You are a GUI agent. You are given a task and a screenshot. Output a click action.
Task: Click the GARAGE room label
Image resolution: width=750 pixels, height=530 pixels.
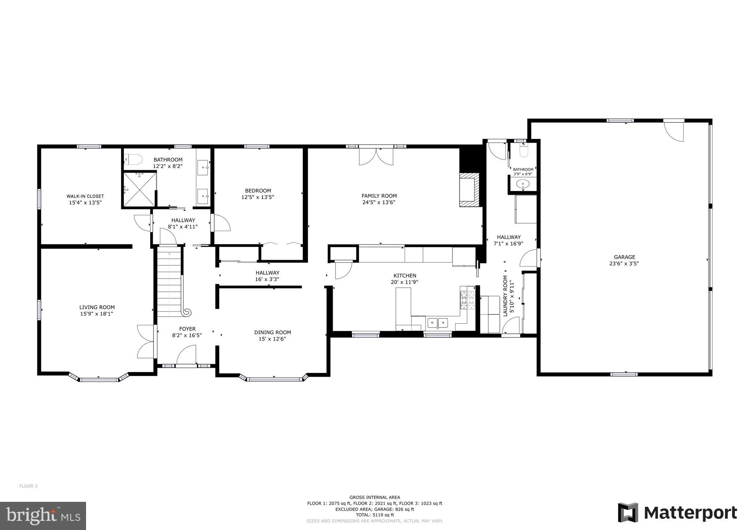(624, 257)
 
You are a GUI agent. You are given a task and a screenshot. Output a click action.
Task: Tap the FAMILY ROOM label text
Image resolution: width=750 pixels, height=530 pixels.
(379, 196)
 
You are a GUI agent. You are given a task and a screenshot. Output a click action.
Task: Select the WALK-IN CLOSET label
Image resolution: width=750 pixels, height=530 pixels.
(85, 196)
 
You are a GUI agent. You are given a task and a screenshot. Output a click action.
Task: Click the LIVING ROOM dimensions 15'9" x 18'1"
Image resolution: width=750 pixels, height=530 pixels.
(97, 314)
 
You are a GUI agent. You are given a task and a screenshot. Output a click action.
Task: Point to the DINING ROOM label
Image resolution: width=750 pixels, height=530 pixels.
(272, 332)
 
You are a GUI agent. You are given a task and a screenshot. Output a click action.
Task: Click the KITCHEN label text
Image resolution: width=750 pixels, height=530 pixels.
(405, 276)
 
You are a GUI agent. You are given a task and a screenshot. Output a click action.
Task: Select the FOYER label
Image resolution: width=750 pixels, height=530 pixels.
(187, 329)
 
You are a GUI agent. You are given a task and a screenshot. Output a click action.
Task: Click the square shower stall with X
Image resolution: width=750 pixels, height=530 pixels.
(140, 189)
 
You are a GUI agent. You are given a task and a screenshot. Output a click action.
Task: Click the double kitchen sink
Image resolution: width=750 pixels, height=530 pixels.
(438, 323)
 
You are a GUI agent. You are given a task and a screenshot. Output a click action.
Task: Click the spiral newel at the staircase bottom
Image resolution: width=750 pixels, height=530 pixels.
(187, 312)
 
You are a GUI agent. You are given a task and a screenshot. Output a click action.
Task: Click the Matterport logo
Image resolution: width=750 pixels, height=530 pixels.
(677, 512)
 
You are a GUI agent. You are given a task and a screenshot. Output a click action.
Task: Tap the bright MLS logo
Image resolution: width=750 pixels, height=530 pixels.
(43, 516)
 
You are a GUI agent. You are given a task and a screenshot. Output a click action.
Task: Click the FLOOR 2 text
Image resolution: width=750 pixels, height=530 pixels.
(28, 486)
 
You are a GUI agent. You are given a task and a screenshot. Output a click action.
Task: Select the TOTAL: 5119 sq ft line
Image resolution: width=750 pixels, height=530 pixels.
(375, 515)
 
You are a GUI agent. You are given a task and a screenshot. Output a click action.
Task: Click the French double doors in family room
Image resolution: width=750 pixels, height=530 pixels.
(376, 156)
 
